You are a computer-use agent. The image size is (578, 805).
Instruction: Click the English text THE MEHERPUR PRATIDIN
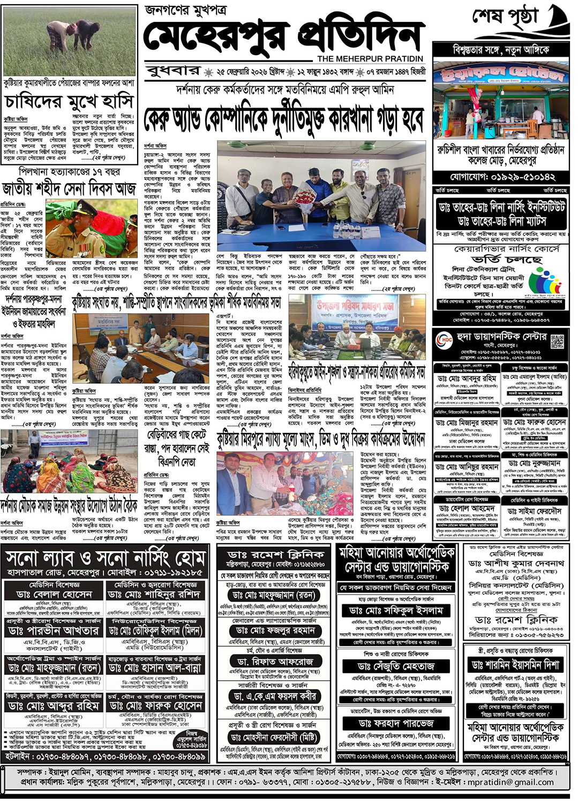(370, 59)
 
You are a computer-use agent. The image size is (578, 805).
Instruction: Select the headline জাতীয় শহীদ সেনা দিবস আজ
(69, 189)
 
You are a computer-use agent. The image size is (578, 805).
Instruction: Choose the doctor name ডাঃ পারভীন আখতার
(54, 631)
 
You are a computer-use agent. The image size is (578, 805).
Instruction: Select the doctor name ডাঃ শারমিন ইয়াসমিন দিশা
(516, 665)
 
